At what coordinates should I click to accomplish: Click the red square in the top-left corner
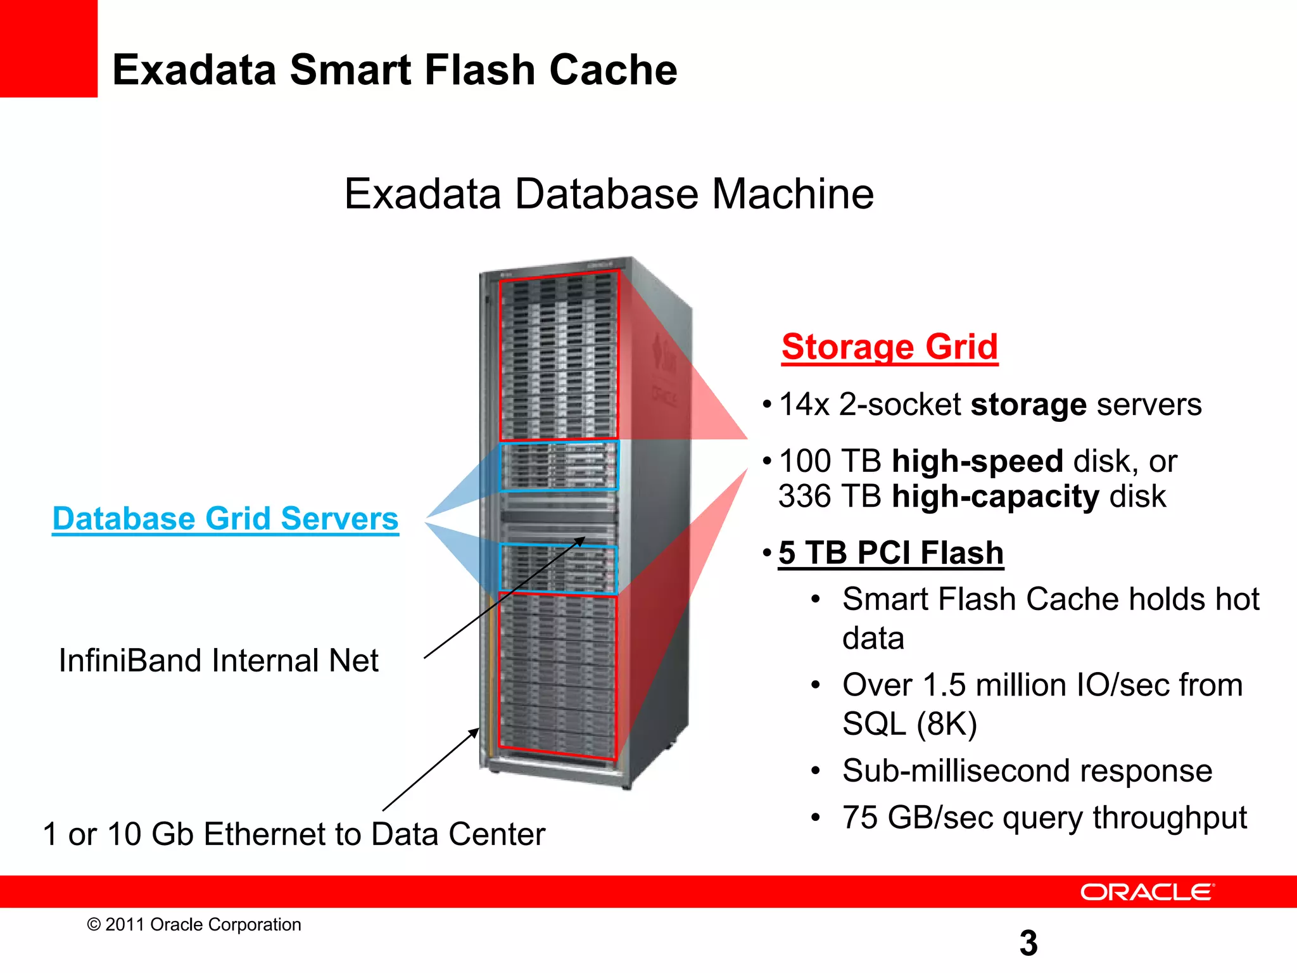[48, 48]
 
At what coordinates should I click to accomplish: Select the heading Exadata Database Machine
[609, 194]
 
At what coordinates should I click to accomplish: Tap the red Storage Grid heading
[889, 347]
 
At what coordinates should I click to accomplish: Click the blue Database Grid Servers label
[225, 519]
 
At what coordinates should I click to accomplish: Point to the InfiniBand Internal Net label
[218, 661]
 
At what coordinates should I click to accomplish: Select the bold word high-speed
[977, 461]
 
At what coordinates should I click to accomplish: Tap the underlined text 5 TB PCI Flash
[890, 553]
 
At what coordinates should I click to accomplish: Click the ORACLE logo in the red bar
[1146, 892]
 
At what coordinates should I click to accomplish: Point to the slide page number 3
[1028, 943]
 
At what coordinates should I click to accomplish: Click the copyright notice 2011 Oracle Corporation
[203, 925]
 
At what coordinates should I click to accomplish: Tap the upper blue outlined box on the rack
[559, 466]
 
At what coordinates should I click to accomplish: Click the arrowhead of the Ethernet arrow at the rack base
[475, 732]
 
